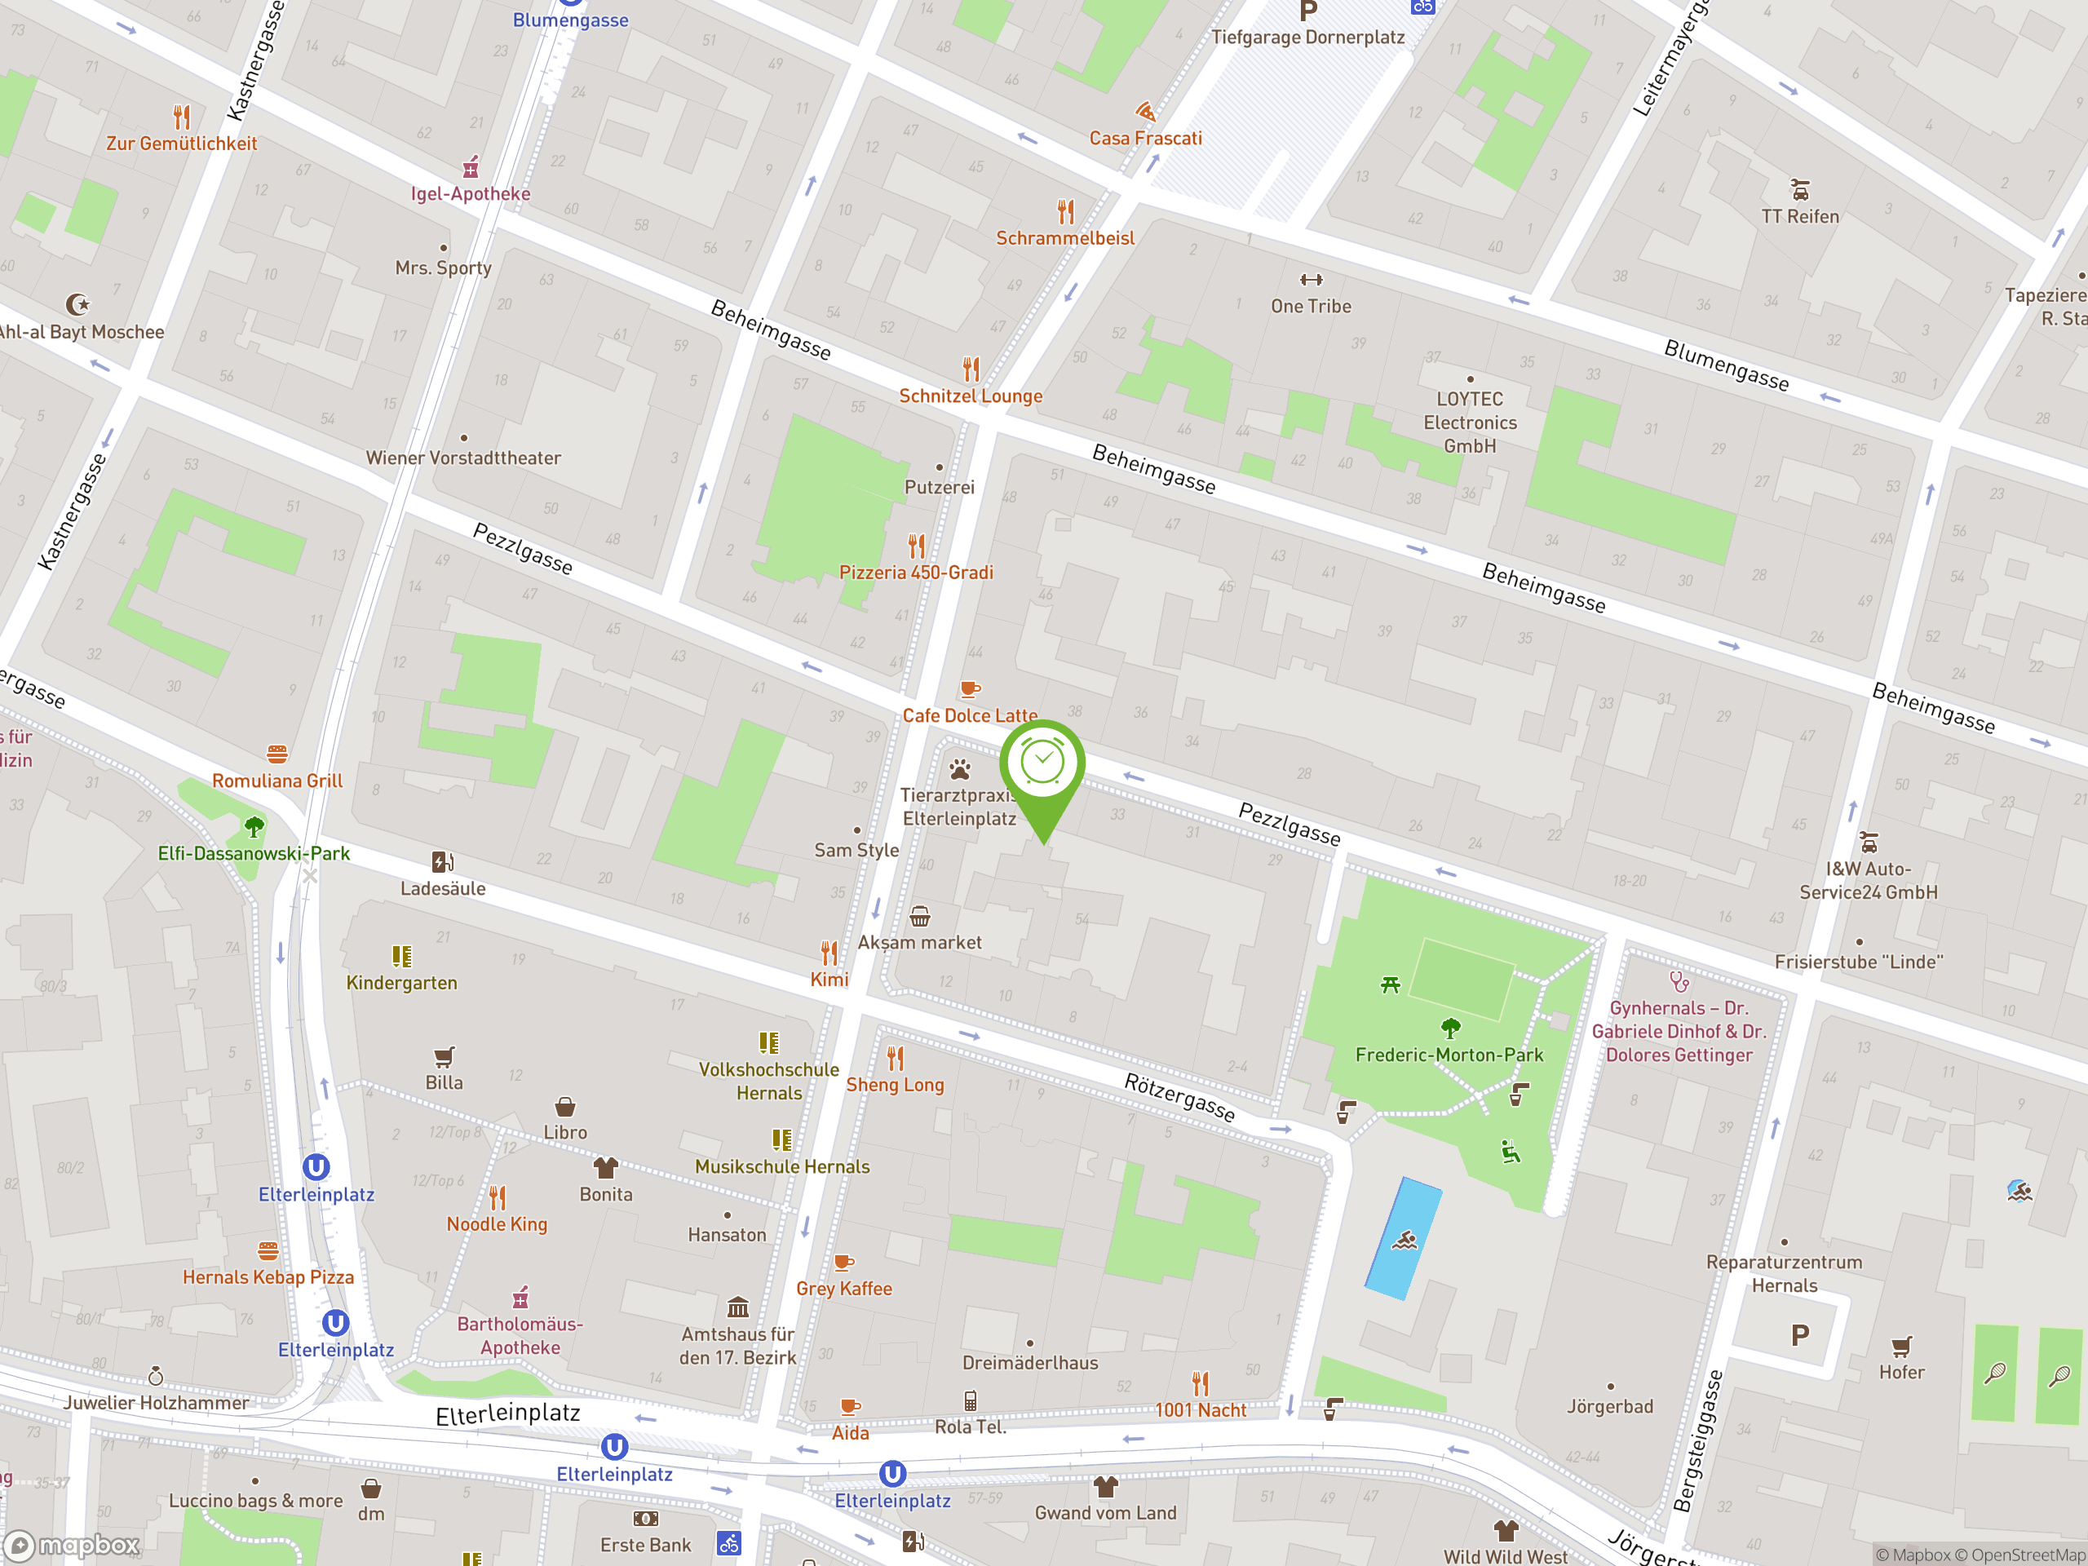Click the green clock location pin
tap(1042, 764)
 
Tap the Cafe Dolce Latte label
tap(970, 715)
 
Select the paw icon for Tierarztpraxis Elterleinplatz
tap(960, 769)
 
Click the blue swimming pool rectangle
tap(1404, 1237)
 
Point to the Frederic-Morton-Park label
tap(1449, 1055)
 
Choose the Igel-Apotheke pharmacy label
tap(470, 193)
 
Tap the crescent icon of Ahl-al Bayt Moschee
tap(78, 304)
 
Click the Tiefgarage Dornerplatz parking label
tap(1307, 37)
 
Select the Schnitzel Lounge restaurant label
tap(971, 396)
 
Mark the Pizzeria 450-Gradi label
tap(916, 573)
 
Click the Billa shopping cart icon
tap(444, 1056)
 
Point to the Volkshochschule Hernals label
tap(768, 1081)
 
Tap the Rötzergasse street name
tap(1179, 1097)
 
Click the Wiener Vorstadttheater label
tap(462, 458)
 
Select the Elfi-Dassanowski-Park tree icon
tap(254, 828)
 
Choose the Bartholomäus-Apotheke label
tap(520, 1336)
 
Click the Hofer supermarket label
tap(1901, 1373)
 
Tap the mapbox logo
tap(73, 1546)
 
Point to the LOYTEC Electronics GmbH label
tap(1470, 422)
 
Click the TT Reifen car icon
tap(1800, 190)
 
